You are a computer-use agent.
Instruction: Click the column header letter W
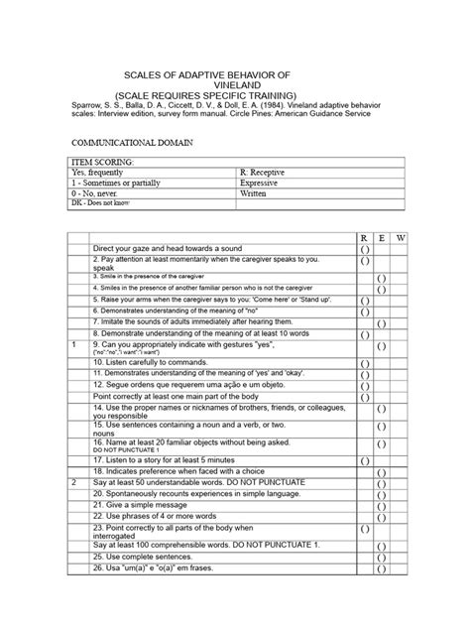[400, 238]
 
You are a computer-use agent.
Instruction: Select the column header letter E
[382, 238]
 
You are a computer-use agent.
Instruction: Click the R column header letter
[364, 238]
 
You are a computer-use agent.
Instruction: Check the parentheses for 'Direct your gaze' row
[364, 249]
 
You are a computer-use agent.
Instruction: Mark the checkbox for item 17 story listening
[364, 461]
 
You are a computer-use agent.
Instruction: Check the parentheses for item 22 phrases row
[382, 516]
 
